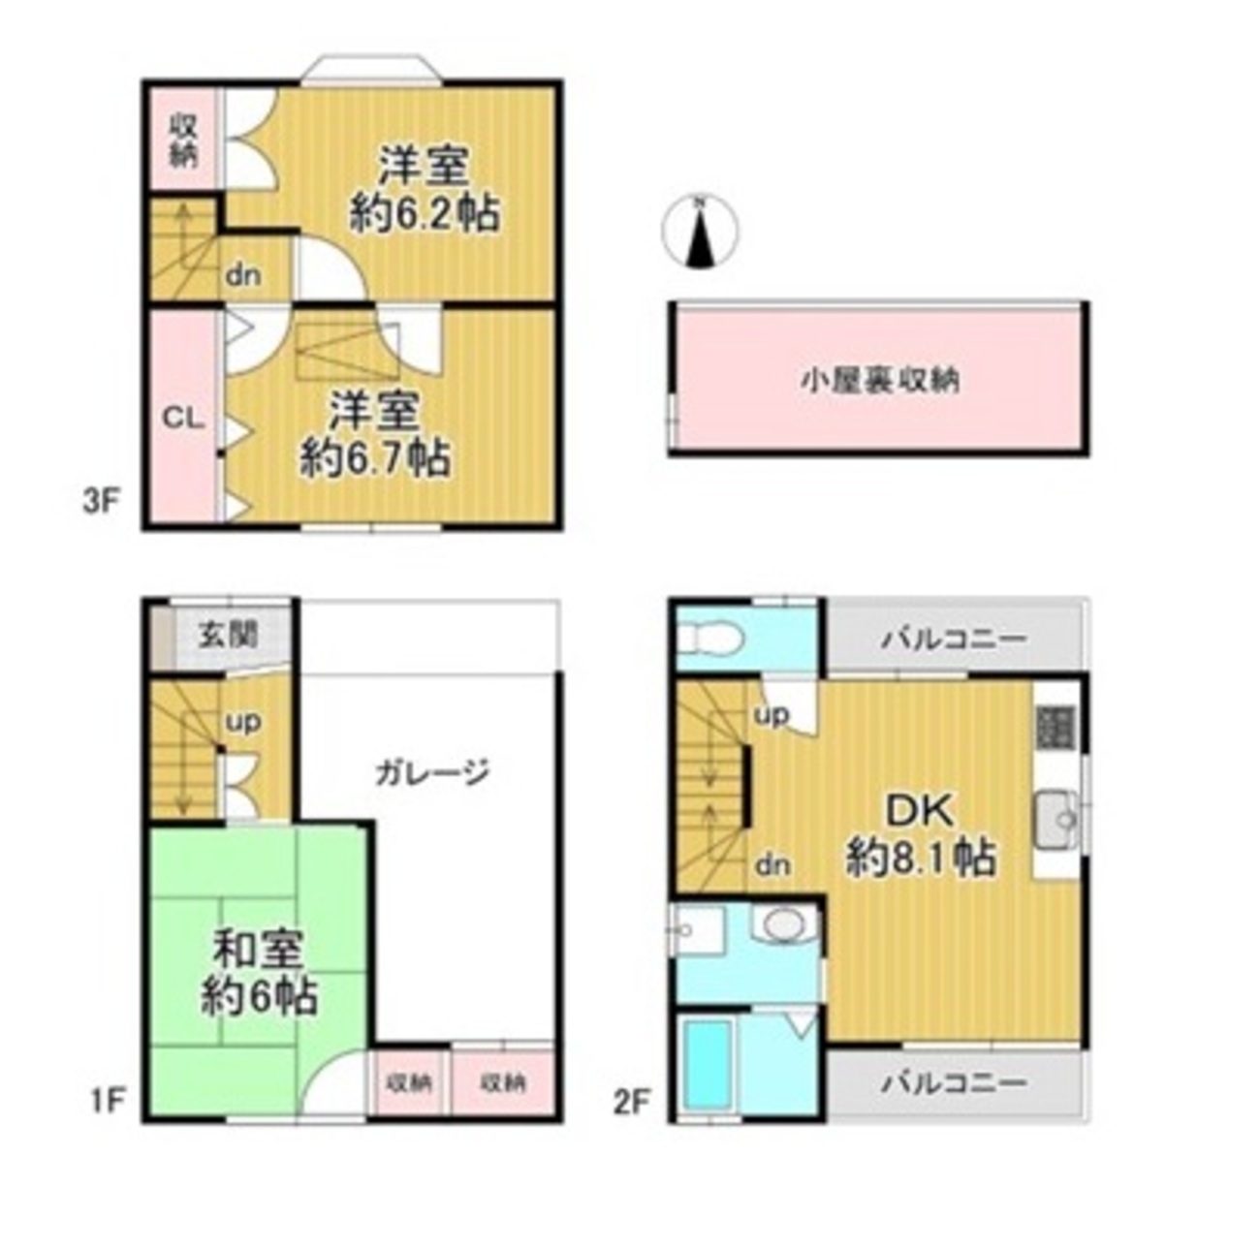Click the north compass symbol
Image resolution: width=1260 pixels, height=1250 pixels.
point(700,233)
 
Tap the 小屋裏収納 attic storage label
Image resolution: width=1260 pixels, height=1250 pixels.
point(880,381)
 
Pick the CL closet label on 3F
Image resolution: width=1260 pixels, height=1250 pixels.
point(183,419)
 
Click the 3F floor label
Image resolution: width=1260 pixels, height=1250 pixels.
point(102,504)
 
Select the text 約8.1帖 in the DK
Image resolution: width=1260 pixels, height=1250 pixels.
point(921,858)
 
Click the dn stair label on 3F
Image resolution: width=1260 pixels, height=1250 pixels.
point(243,275)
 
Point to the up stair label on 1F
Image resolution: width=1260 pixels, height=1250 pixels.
point(244,724)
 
